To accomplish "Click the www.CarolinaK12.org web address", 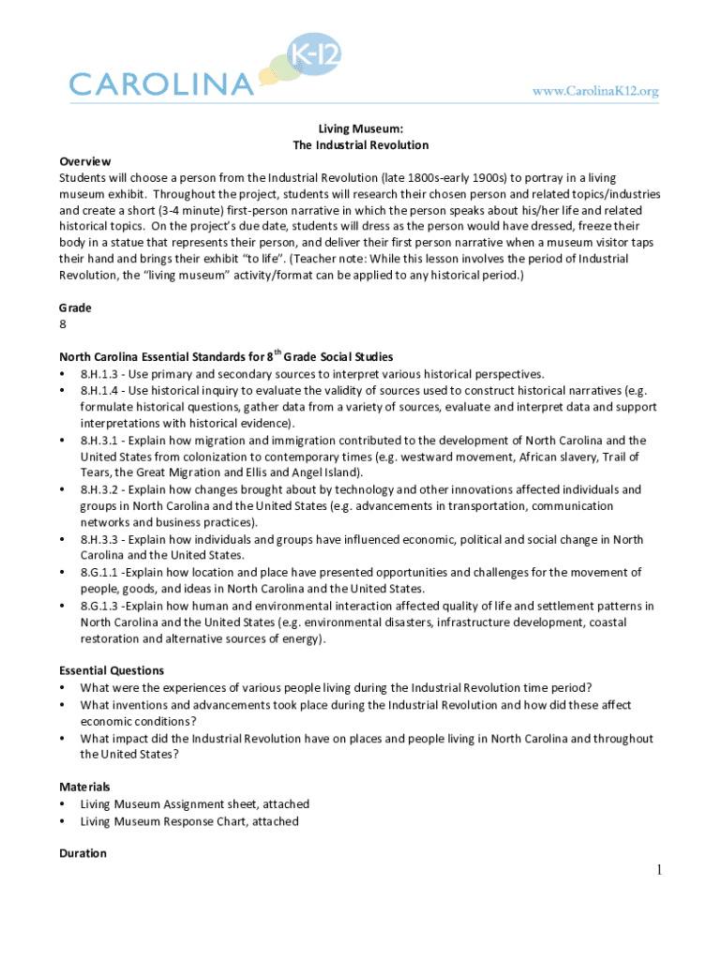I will (595, 91).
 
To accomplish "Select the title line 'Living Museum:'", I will (360, 128).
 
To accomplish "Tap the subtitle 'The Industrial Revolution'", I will (360, 145).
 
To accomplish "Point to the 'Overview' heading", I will (85, 161).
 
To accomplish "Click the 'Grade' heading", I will (76, 307).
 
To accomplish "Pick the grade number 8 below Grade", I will (63, 324).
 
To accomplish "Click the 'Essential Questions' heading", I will (112, 670).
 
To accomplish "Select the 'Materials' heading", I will (84, 787).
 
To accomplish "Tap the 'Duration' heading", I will (83, 853).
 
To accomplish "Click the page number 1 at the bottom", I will (659, 871).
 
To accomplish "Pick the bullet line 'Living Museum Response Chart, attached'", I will (189, 821).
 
